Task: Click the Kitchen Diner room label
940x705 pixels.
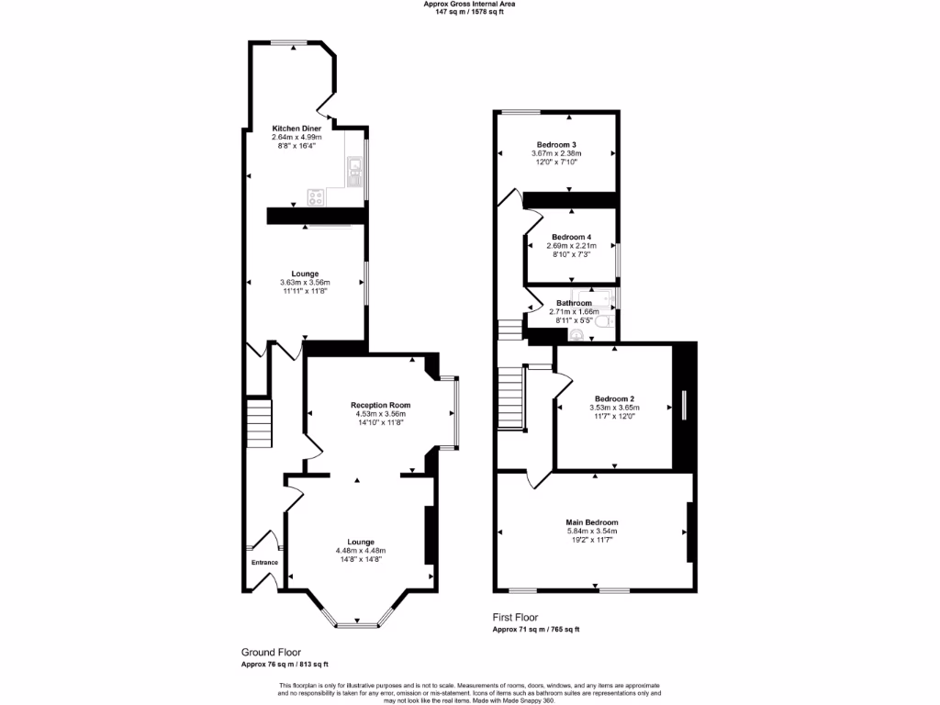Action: tap(296, 128)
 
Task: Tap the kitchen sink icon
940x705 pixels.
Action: tap(354, 167)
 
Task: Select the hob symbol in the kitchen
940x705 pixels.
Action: tap(317, 195)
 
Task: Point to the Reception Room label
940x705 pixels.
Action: tap(380, 405)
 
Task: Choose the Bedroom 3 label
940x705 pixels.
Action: tap(556, 145)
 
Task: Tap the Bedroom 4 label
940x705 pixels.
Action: tap(571, 237)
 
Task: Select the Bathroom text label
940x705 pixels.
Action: tap(574, 303)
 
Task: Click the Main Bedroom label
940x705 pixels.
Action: tap(591, 522)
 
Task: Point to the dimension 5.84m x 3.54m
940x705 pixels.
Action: tap(591, 532)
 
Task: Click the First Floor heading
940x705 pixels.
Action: tap(515, 618)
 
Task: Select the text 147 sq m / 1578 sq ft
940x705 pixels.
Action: tap(469, 12)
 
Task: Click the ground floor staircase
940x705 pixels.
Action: tap(259, 422)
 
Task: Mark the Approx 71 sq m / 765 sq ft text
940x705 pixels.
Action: tap(536, 630)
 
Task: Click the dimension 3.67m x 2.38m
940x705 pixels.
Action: tap(556, 154)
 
